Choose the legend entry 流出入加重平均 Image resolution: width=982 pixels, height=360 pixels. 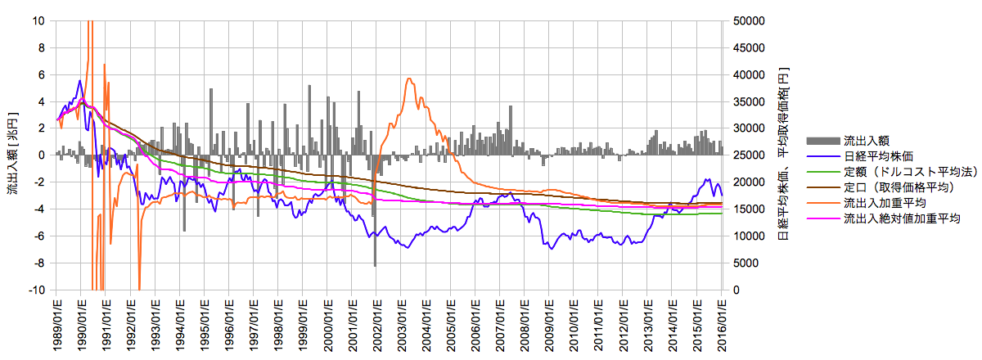(884, 202)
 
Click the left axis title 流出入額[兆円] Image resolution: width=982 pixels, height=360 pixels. (11, 155)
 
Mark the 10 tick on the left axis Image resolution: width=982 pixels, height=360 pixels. (39, 20)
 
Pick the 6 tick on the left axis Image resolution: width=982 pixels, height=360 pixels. (41, 74)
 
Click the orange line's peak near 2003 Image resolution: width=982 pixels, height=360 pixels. (409, 79)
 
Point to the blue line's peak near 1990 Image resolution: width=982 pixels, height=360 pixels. (80, 80)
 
